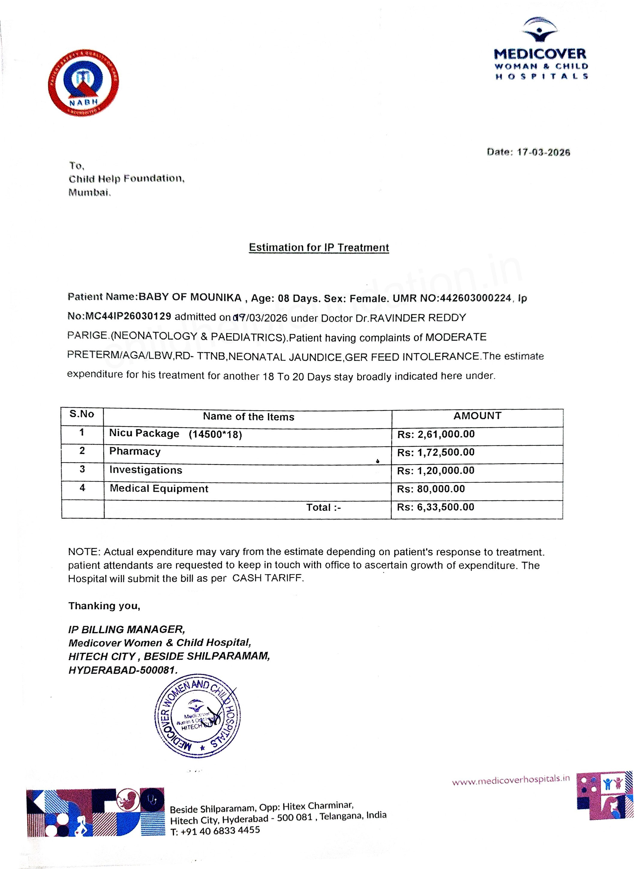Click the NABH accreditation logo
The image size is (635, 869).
click(x=83, y=82)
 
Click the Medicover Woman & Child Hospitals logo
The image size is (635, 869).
click(x=541, y=49)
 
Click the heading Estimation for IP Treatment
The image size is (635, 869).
click(x=319, y=247)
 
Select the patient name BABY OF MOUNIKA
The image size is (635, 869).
click(x=190, y=297)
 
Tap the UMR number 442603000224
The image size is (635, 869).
click(x=475, y=298)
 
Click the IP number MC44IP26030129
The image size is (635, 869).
click(x=128, y=316)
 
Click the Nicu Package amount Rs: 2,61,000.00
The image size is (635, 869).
click(x=436, y=434)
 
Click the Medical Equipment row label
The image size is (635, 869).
click(x=159, y=489)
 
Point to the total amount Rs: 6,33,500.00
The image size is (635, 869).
click(x=436, y=507)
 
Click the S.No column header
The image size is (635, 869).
click(x=82, y=414)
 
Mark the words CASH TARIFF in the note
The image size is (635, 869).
click(x=268, y=578)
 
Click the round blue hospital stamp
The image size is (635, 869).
click(x=197, y=716)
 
